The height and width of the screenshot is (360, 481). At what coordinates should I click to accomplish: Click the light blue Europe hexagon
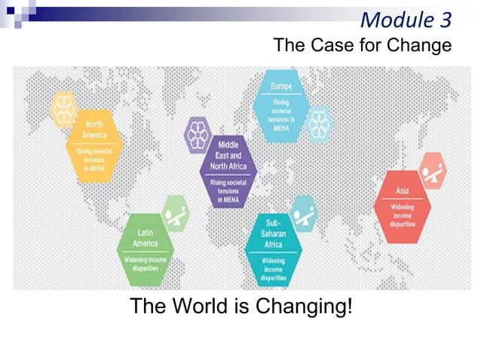click(x=282, y=106)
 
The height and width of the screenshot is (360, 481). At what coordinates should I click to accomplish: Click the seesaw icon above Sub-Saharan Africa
click(x=303, y=212)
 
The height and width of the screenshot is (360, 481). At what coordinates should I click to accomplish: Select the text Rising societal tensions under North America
click(x=94, y=159)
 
